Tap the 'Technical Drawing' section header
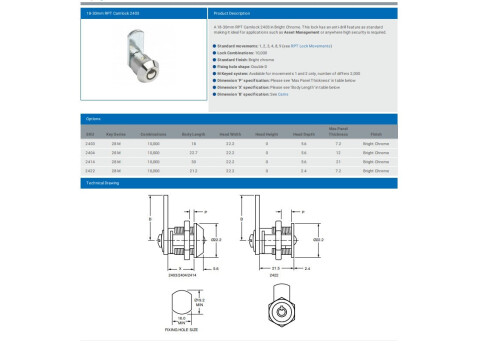click(103, 184)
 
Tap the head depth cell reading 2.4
click(303, 171)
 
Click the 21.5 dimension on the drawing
click(274, 267)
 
